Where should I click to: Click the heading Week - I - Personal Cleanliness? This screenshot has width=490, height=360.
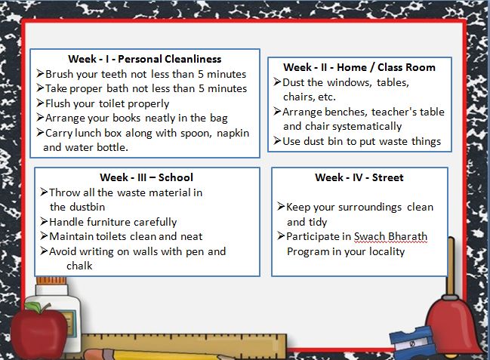pos(145,59)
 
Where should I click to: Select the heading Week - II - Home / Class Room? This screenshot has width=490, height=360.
pos(359,67)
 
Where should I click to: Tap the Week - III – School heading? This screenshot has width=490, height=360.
pos(146,177)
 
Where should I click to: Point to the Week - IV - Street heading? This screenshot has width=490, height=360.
pos(359,177)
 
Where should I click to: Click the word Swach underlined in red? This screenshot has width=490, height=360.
pos(368,236)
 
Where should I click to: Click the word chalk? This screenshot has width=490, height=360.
pos(79,266)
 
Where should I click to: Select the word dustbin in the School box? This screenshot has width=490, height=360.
pos(87,207)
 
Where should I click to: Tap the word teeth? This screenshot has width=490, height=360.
pos(114,74)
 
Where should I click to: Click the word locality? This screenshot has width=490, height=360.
pos(387,251)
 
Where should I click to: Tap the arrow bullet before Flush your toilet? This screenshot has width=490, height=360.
pos(40,103)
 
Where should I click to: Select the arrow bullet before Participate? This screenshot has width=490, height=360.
pos(281,236)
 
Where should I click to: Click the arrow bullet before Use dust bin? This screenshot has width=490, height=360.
pos(277,140)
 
